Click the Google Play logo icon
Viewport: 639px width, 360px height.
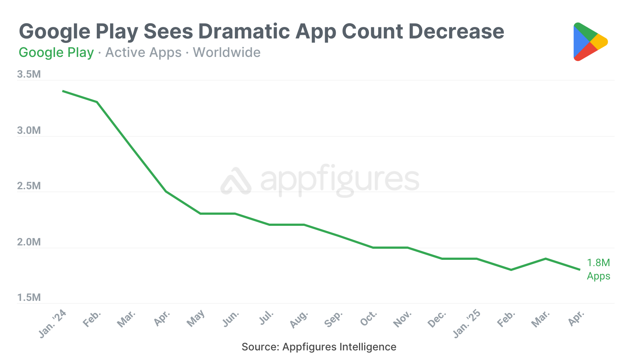pyautogui.click(x=590, y=42)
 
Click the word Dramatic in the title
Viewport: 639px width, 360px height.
pyautogui.click(x=244, y=31)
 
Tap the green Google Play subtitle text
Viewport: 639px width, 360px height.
pyautogui.click(x=56, y=52)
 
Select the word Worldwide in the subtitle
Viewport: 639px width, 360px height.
pyautogui.click(x=227, y=52)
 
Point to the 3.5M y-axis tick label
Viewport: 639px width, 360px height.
pyautogui.click(x=29, y=74)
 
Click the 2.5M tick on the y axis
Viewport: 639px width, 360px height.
pyautogui.click(x=29, y=186)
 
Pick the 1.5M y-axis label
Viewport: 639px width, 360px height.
pyautogui.click(x=29, y=298)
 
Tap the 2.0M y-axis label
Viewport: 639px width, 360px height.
pyautogui.click(x=29, y=242)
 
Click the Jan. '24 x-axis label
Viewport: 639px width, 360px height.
pyautogui.click(x=53, y=323)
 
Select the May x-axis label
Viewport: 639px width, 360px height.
pyautogui.click(x=195, y=318)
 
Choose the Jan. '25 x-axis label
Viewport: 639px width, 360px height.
pyautogui.click(x=467, y=323)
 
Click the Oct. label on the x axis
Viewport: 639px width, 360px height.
pyautogui.click(x=369, y=318)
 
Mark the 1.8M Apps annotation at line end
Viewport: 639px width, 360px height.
pyautogui.click(x=598, y=269)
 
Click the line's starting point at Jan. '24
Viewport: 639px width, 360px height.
pyautogui.click(x=63, y=91)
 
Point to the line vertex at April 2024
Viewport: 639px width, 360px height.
pyautogui.click(x=166, y=191)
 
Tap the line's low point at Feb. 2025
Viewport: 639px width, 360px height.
pyautogui.click(x=511, y=270)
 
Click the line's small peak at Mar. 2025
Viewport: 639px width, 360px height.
pyautogui.click(x=546, y=259)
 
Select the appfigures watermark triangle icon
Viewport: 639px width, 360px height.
pyautogui.click(x=236, y=181)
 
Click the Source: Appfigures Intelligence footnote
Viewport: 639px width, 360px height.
pyautogui.click(x=319, y=347)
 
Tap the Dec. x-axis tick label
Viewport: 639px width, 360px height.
pyautogui.click(x=437, y=319)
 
